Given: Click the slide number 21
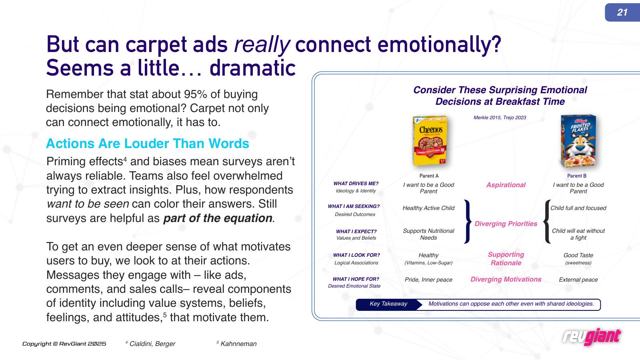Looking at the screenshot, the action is point(622,12).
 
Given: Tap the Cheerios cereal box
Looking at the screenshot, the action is point(430,140).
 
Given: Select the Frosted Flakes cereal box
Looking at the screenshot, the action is point(578,141).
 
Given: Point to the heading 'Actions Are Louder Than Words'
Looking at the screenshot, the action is point(148,144).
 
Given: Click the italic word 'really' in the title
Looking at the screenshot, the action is point(262,45).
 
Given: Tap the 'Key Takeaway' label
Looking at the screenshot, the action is point(388,304).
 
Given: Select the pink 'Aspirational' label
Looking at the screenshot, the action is point(506,185).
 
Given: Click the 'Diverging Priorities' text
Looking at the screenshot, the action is point(506,224).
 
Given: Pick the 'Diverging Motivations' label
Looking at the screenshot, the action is point(506,280).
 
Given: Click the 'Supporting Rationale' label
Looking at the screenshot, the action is point(506,258).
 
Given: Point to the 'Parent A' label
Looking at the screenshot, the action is point(429,176).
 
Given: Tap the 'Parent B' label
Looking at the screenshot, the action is point(576,176).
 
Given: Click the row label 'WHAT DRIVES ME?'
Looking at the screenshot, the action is point(356,184).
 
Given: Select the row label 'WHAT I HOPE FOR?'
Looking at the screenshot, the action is point(356,279).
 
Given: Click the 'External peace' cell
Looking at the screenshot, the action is point(578,280).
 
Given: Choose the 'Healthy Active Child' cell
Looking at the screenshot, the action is point(428,208).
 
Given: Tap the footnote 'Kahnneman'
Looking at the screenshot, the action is point(238,344).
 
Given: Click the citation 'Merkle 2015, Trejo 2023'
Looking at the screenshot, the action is point(500,118).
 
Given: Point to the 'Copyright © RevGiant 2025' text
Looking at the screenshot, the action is point(64,344).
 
